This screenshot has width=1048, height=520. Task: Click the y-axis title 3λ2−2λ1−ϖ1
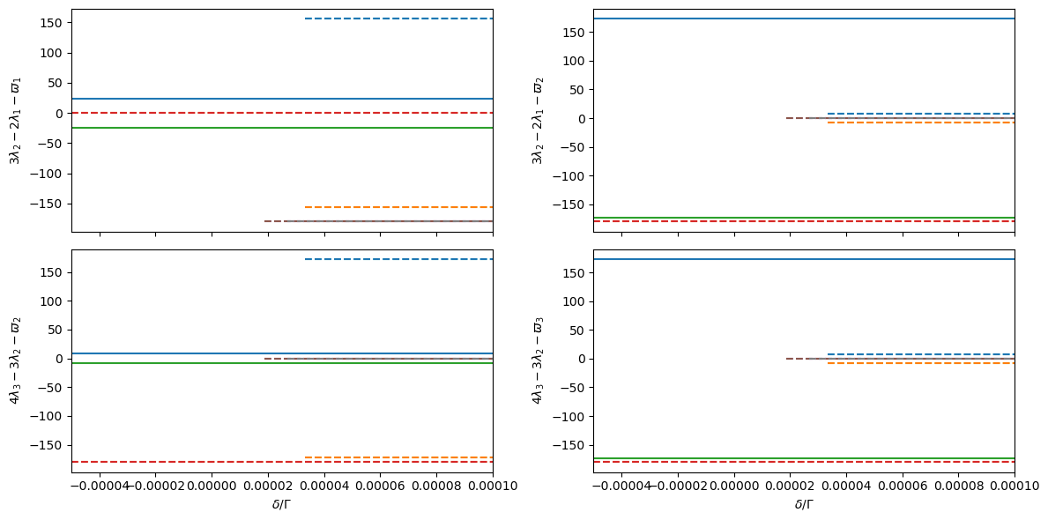point(14,120)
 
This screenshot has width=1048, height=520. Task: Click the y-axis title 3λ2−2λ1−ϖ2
point(536,120)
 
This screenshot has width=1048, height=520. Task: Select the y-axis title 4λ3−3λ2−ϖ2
point(14,360)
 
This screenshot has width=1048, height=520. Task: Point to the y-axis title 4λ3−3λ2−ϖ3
point(536,360)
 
